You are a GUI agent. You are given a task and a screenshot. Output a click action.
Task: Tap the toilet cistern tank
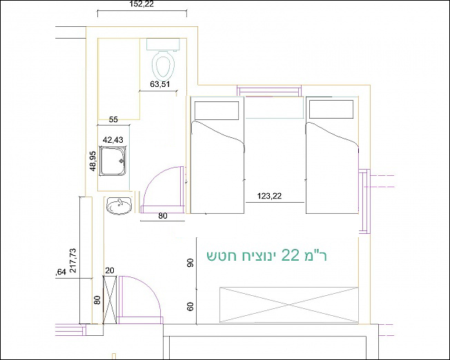(164, 44)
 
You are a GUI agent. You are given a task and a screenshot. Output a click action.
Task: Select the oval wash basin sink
(119, 206)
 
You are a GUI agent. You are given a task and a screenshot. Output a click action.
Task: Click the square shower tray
(113, 161)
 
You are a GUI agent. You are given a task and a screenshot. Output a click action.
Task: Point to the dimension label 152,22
(141, 4)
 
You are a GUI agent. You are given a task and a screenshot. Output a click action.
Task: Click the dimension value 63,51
(160, 84)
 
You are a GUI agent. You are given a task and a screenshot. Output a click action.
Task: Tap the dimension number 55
(114, 119)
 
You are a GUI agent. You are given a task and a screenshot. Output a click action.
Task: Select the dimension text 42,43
(113, 140)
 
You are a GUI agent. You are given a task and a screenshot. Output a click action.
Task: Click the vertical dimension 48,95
(93, 161)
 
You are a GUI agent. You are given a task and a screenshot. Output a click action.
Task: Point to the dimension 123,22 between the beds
(269, 196)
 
